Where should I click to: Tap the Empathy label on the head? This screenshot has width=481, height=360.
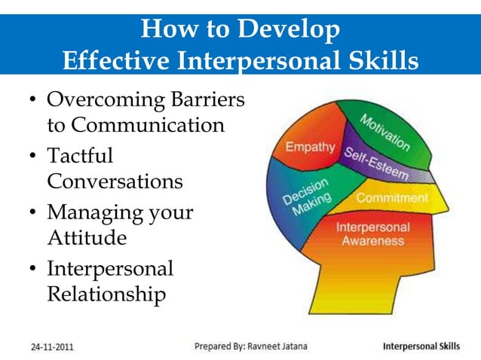310,146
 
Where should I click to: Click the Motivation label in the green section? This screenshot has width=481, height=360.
384,132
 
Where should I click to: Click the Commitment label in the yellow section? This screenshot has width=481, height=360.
391,198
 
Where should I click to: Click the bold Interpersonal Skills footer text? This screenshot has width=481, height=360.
421,347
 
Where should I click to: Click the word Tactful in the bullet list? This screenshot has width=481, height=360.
80,156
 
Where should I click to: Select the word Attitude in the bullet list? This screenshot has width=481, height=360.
87,238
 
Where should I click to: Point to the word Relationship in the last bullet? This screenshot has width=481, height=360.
106,294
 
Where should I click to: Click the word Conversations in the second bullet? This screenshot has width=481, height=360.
115,182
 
